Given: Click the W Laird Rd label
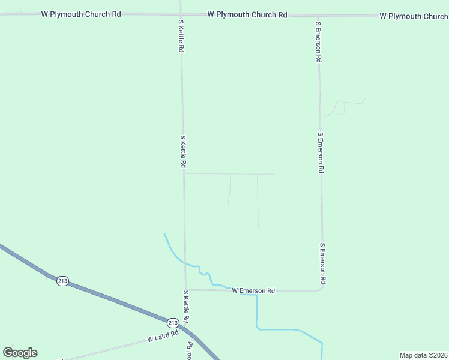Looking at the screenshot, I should pyautogui.click(x=163, y=337).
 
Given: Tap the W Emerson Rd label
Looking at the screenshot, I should pyautogui.click(x=253, y=291).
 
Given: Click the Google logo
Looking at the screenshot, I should pyautogui.click(x=20, y=353).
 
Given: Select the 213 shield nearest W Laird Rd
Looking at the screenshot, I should pyautogui.click(x=173, y=322).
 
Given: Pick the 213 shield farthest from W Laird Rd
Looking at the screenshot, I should pyautogui.click(x=62, y=281).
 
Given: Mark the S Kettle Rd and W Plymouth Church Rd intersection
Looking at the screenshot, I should pyautogui.click(x=180, y=14).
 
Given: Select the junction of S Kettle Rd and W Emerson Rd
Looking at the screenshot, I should pyautogui.click(x=185, y=290).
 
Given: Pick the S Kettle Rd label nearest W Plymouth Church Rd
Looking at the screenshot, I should pyautogui.click(x=180, y=35).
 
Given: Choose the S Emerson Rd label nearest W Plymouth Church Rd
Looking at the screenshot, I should pyautogui.click(x=318, y=43).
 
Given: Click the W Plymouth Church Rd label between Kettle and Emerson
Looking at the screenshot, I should pyautogui.click(x=247, y=14).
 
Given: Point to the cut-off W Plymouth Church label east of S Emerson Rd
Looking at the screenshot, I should pyautogui.click(x=414, y=16).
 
